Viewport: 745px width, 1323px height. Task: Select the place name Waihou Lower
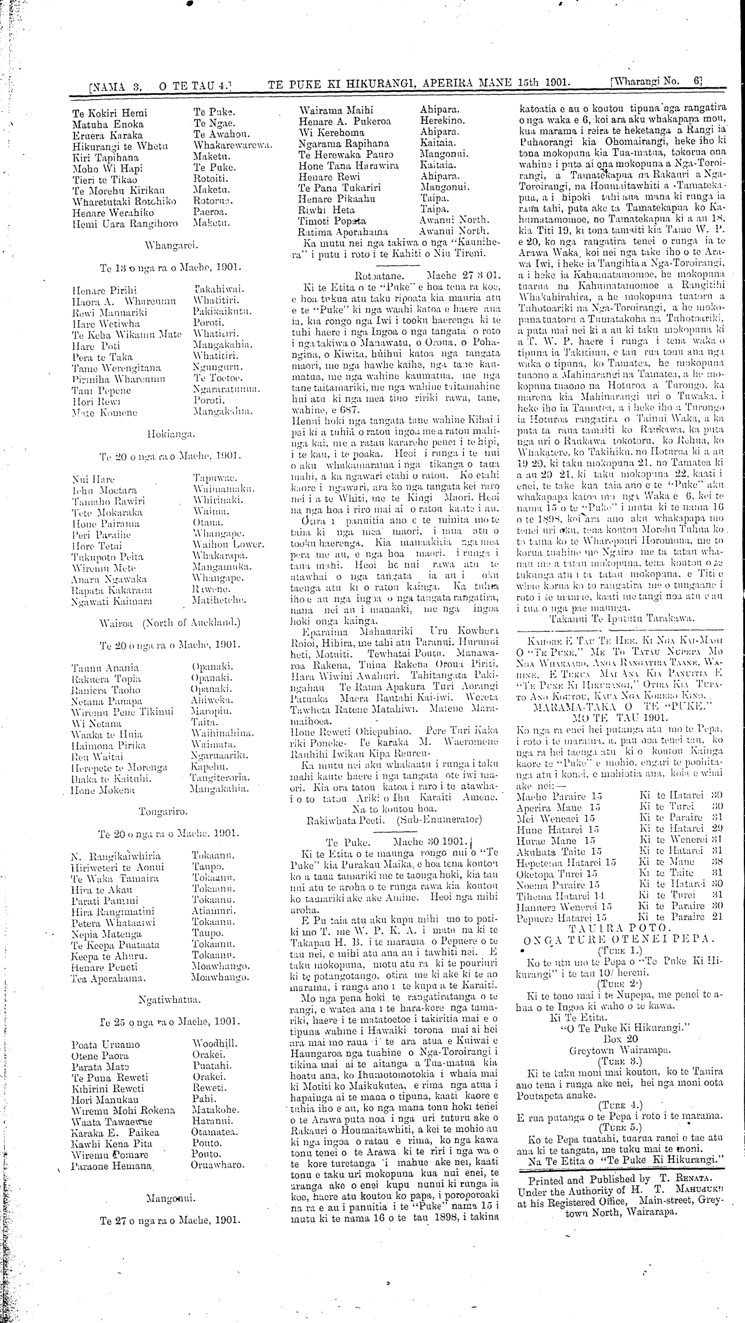pos(228,545)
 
